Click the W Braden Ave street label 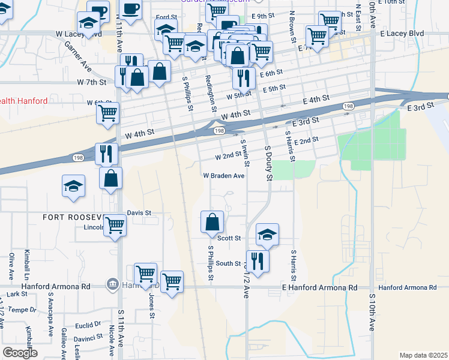click(x=223, y=176)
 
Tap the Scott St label click(x=229, y=238)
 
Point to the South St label click(x=228, y=263)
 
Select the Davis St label click(x=139, y=213)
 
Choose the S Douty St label click(x=268, y=162)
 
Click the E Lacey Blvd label click(x=408, y=35)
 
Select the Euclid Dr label click(x=89, y=324)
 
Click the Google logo click(x=20, y=353)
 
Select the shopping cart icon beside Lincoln click(x=115, y=226)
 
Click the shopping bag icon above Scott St click(x=212, y=221)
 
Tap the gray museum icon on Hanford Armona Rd click(x=112, y=284)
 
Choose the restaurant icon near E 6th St click(x=243, y=77)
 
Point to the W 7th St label click(x=91, y=82)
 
